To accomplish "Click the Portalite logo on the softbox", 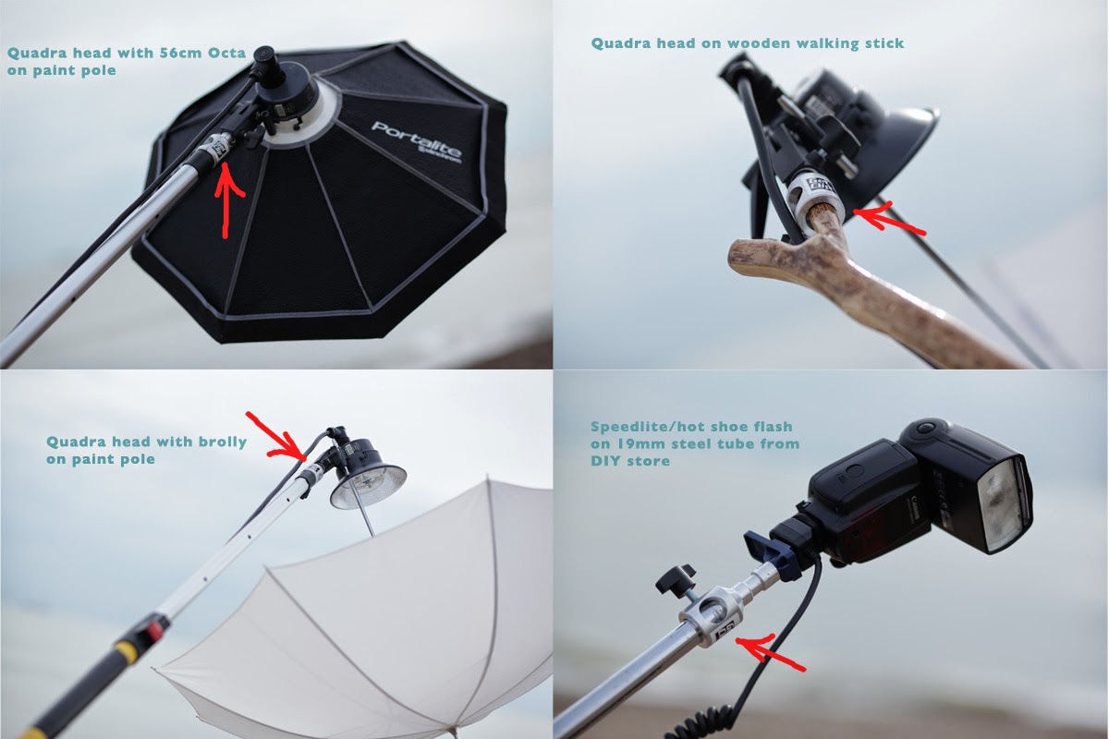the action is pyautogui.click(x=417, y=142).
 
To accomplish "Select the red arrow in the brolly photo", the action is pyautogui.click(x=279, y=437).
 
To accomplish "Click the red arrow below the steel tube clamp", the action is pyautogui.click(x=771, y=652).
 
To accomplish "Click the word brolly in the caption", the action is pyautogui.click(x=223, y=441).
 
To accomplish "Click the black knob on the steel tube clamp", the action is pyautogui.click(x=676, y=579).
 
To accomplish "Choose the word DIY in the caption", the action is pyautogui.click(x=607, y=461).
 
